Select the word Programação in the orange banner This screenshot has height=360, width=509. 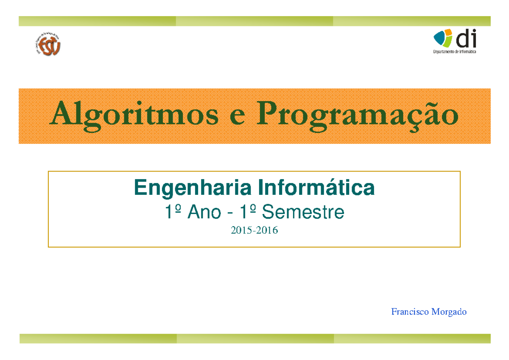(357, 115)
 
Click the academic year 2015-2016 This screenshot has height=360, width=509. (254, 231)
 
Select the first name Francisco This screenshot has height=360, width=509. (410, 312)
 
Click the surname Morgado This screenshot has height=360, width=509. (449, 312)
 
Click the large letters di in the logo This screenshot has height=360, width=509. (466, 39)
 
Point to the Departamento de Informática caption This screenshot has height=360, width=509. (454, 52)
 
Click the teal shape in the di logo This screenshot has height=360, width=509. (439, 39)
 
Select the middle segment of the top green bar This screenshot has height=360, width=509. (254, 21)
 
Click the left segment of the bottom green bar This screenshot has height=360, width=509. (98, 338)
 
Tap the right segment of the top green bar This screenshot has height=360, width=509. (411, 21)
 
